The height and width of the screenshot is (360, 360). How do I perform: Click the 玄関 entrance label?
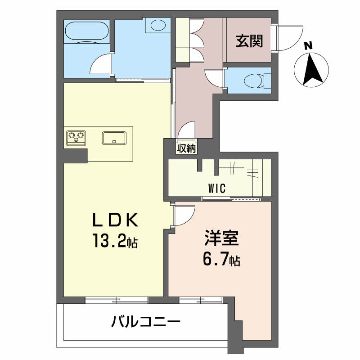tap(249, 41)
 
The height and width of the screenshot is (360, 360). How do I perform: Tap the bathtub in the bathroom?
tap(87, 31)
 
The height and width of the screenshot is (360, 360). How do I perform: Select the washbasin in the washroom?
tap(157, 25)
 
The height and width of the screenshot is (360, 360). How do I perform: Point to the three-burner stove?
tap(76, 138)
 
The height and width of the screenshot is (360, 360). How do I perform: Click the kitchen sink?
tap(114, 138)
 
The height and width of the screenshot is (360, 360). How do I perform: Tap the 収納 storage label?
tap(187, 148)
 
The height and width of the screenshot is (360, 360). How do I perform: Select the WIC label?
tap(217, 189)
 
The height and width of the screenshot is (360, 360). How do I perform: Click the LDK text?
tap(115, 220)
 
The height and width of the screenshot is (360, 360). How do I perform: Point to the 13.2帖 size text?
tap(115, 240)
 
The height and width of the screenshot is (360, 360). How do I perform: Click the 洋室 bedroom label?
tap(221, 238)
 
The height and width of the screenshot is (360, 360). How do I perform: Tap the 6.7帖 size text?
tap(221, 260)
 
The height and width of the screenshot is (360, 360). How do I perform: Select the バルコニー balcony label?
tap(145, 322)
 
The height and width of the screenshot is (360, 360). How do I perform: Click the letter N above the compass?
tap(308, 46)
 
